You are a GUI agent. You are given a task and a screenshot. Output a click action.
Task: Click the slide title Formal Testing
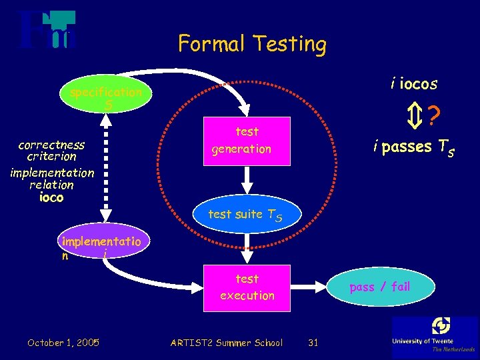coord(252,44)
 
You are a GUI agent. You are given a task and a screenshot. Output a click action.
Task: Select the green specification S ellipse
coord(106,99)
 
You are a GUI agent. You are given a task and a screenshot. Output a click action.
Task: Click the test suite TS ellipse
coord(245,215)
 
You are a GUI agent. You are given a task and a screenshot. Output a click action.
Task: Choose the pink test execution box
coord(247,287)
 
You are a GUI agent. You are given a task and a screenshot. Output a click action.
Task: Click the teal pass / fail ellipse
coord(379,287)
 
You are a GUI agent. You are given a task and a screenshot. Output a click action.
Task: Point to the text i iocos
coord(414,83)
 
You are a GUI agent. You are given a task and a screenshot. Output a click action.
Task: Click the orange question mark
coord(434,118)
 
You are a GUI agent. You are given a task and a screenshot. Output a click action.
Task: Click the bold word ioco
coord(52,197)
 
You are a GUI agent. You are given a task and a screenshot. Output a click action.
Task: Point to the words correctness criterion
coord(51,151)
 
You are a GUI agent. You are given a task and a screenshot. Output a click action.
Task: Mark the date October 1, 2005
coord(63,343)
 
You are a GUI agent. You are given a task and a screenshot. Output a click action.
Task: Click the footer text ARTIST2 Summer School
coord(226,343)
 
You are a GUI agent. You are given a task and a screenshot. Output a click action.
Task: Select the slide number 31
coord(313,343)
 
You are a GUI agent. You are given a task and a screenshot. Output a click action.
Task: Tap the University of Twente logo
coord(435,337)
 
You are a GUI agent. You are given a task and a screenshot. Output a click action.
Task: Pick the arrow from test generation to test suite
coord(247,179)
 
